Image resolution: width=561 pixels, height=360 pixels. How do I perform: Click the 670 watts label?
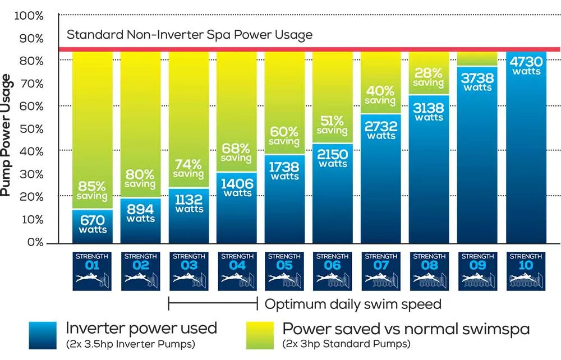(x=93, y=224)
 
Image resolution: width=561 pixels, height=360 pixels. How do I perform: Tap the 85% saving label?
(x=93, y=191)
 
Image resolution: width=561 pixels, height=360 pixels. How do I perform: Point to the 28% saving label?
(x=429, y=77)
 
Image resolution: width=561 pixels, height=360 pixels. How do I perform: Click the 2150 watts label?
(x=333, y=158)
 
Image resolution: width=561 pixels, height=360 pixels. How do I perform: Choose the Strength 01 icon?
(x=93, y=271)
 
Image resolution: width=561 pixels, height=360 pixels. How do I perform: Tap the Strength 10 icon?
(x=526, y=271)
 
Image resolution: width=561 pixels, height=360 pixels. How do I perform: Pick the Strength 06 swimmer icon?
(x=333, y=278)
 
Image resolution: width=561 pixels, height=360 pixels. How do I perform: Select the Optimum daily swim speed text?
(x=353, y=304)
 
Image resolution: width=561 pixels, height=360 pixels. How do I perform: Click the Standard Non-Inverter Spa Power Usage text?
(x=190, y=35)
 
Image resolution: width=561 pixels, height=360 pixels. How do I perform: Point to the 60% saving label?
(x=284, y=136)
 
